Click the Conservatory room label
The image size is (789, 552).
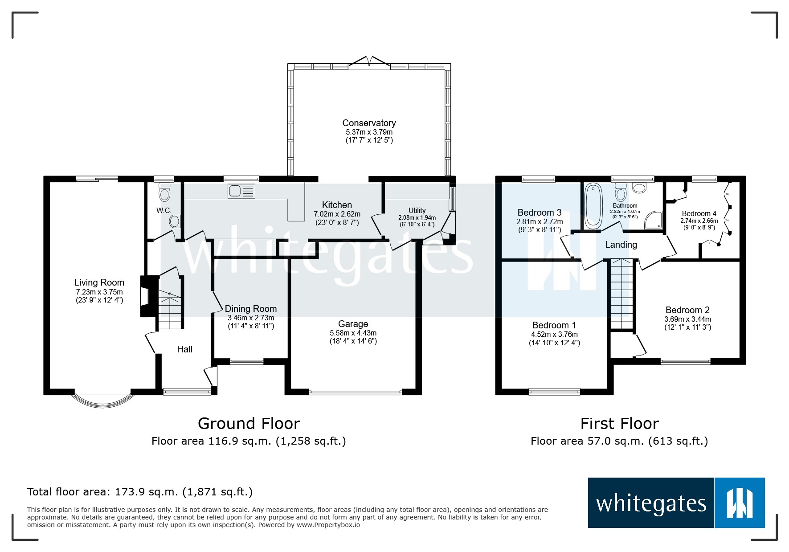pos(369,123)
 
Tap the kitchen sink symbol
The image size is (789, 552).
pos(241,191)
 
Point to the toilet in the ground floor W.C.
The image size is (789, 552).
pos(164,194)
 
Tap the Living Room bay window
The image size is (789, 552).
pos(102,400)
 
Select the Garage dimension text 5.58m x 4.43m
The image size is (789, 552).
pos(353,333)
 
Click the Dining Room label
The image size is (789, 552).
pos(250,309)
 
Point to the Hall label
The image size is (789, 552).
pos(184,349)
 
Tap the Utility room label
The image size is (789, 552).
pos(417,210)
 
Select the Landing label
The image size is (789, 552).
pos(621,245)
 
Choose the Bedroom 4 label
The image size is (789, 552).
pos(699,213)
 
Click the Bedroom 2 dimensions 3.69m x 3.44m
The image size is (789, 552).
pos(687,319)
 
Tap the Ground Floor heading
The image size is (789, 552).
pos(249,423)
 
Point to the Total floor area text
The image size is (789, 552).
pos(140,492)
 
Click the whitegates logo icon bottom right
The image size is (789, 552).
pos(739,503)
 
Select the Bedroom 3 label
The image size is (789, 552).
pos(539,213)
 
